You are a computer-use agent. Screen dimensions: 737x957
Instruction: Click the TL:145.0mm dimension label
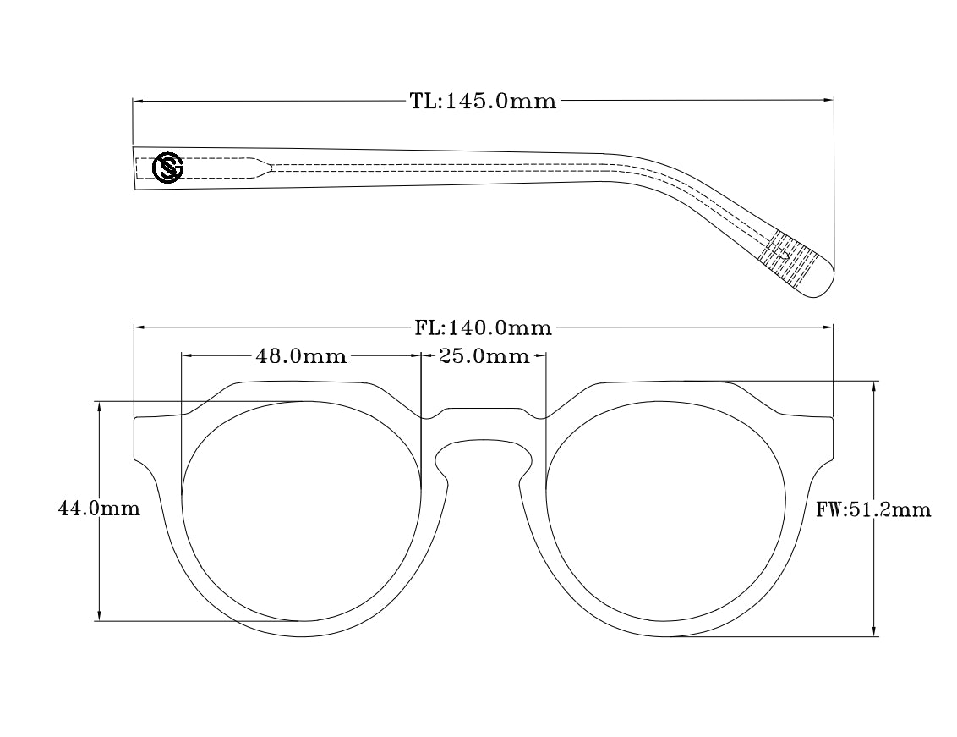click(x=483, y=102)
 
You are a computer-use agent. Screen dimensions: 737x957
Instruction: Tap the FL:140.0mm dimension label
click(x=483, y=327)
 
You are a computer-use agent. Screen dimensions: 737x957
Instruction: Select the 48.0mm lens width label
click(x=301, y=356)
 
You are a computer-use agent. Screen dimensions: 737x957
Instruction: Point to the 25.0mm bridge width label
click(x=484, y=356)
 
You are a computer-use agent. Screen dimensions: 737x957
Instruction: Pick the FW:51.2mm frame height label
click(x=873, y=509)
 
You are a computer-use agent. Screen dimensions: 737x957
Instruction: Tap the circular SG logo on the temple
click(x=167, y=167)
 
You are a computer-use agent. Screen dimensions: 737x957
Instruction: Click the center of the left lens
click(x=302, y=510)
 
